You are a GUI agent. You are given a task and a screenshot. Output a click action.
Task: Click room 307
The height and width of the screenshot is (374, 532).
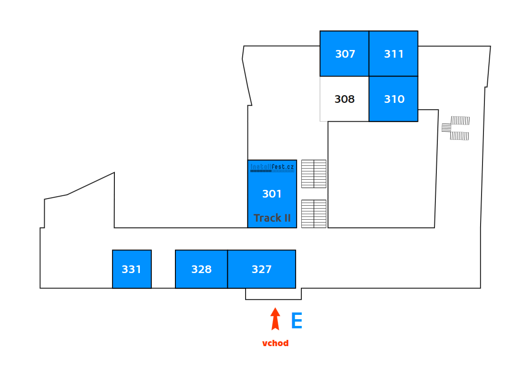point(345,54)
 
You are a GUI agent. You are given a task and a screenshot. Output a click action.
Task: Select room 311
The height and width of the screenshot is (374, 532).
point(394,54)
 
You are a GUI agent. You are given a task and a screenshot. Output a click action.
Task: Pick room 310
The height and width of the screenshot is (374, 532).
point(394,99)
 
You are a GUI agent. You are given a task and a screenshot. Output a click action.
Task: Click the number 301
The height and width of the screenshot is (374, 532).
point(272,194)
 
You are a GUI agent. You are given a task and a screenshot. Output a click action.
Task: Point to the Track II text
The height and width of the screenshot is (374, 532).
point(272,218)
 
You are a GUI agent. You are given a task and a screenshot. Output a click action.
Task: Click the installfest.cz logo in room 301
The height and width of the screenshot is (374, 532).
point(272,168)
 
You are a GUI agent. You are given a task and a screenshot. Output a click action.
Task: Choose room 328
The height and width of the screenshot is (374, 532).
point(201,269)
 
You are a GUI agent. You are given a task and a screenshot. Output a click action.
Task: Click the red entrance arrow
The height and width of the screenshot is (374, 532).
point(275,319)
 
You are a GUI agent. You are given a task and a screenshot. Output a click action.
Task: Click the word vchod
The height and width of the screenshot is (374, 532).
point(275,343)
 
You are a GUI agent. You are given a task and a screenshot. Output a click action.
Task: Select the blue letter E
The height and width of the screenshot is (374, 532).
point(297,321)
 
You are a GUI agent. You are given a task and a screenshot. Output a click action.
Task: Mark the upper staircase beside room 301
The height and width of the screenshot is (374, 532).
point(314,174)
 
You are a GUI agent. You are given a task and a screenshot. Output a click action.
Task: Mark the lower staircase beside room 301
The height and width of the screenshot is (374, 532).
point(314,213)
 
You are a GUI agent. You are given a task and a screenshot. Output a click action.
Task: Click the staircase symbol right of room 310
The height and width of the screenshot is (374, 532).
point(457,128)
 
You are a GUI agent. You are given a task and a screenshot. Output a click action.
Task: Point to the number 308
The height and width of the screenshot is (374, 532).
point(345,100)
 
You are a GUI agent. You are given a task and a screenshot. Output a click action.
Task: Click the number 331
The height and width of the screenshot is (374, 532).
point(132,270)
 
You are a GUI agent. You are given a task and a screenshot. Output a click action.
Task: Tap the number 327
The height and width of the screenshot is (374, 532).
point(262,270)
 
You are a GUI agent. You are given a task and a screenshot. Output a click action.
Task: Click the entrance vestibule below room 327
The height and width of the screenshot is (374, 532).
point(273,294)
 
